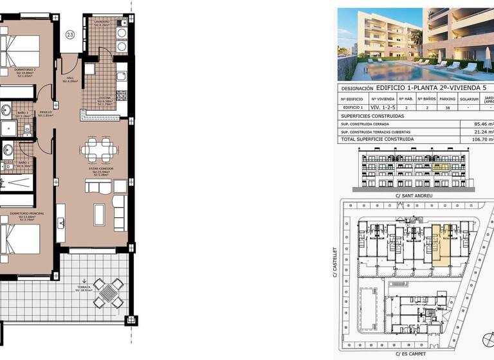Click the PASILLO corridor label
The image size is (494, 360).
point(45,113)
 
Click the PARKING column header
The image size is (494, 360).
point(447,98)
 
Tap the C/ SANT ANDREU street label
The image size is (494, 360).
point(414,195)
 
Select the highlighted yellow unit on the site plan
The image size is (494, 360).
point(437,242)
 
